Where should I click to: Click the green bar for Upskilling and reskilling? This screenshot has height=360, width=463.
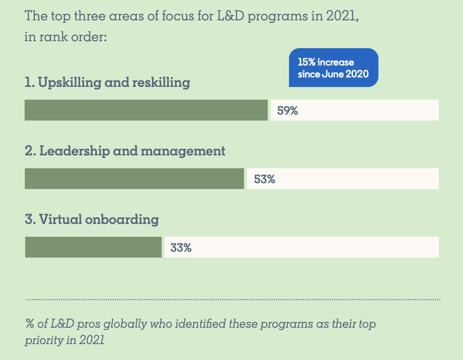(x=146, y=110)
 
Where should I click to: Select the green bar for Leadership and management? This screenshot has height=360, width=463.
(x=134, y=179)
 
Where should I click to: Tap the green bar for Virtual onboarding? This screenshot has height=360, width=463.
(x=93, y=247)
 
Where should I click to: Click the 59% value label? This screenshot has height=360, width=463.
(x=287, y=111)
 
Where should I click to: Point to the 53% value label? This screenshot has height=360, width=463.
(x=264, y=179)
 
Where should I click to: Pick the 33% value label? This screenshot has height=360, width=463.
(x=181, y=248)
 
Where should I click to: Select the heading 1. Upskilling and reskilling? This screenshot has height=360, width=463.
(x=107, y=82)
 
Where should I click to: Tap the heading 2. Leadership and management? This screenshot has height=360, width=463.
(x=125, y=151)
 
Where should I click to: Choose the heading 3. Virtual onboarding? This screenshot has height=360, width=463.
(x=92, y=219)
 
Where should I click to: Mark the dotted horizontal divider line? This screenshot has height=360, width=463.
(x=232, y=299)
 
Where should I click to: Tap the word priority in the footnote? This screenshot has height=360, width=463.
(x=43, y=341)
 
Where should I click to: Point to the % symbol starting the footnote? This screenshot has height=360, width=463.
(x=29, y=324)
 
